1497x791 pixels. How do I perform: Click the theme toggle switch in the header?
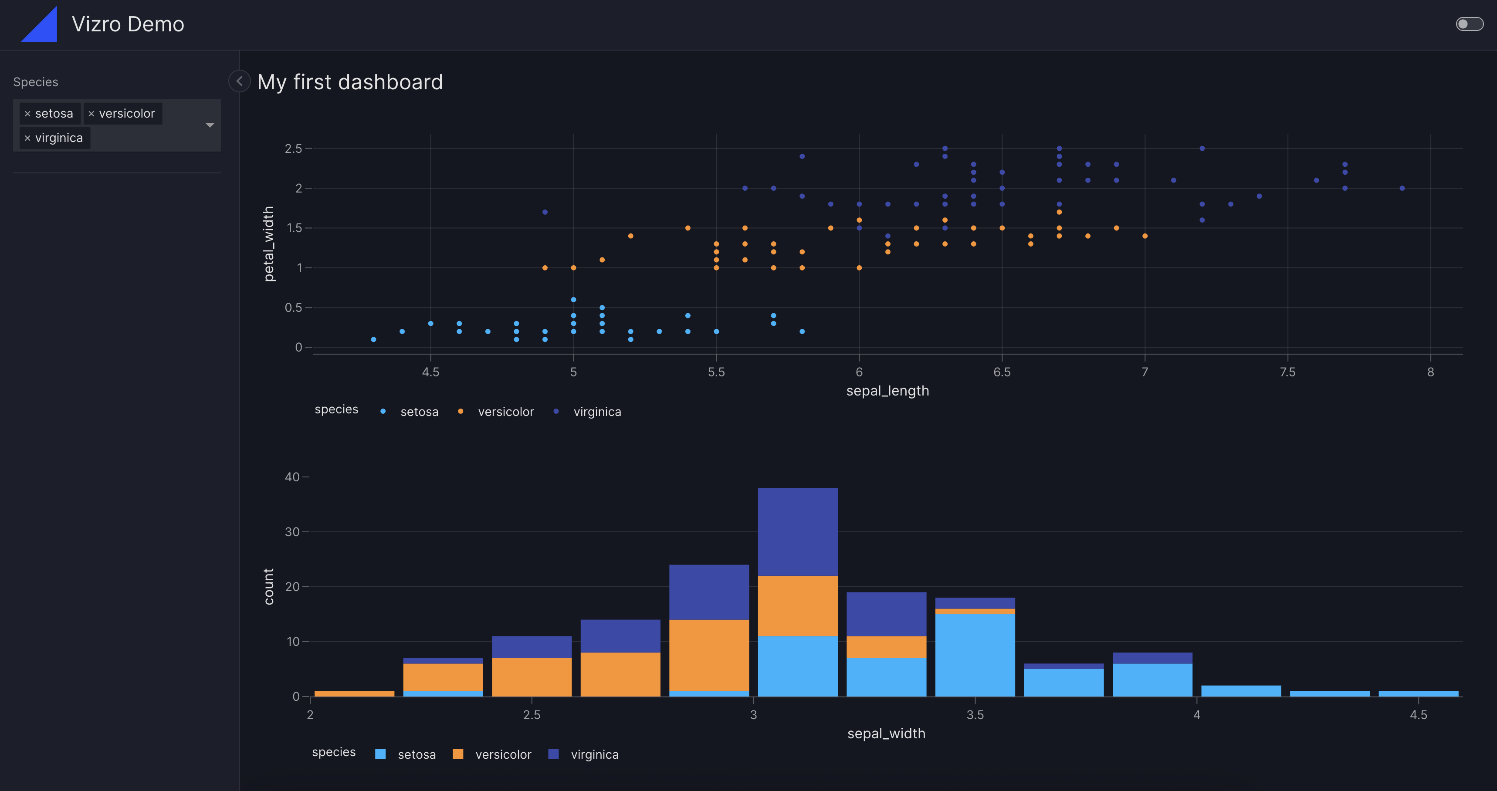[1469, 24]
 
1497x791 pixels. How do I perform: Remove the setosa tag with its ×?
[27, 114]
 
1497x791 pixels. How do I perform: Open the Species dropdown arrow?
[210, 125]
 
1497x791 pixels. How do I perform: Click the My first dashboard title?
[350, 82]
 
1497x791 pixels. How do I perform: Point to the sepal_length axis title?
[887, 391]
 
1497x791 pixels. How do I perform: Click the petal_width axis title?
[268, 244]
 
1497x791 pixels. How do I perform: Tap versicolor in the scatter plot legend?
[505, 412]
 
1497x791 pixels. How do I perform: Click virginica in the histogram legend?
[594, 754]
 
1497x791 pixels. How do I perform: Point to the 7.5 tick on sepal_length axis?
[1287, 372]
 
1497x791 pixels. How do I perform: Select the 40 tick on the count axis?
[292, 477]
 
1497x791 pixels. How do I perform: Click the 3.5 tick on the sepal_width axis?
[975, 715]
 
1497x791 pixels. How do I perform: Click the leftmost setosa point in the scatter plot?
[374, 339]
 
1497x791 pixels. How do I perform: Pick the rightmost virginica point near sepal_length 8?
[1402, 188]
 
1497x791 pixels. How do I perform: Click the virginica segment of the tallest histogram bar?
[797, 531]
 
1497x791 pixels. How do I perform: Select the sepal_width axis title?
[886, 734]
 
